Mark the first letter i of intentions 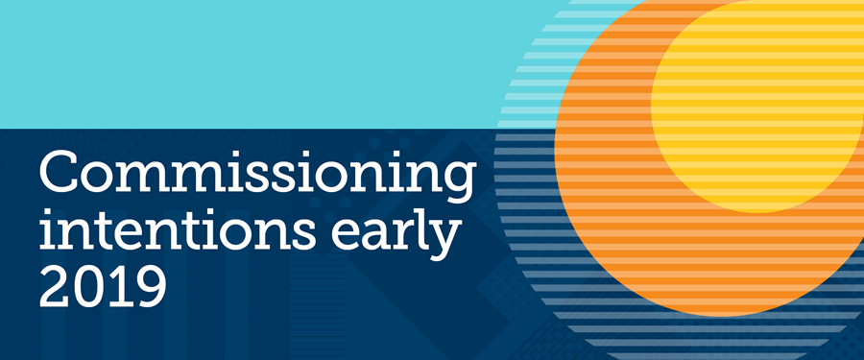46,226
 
